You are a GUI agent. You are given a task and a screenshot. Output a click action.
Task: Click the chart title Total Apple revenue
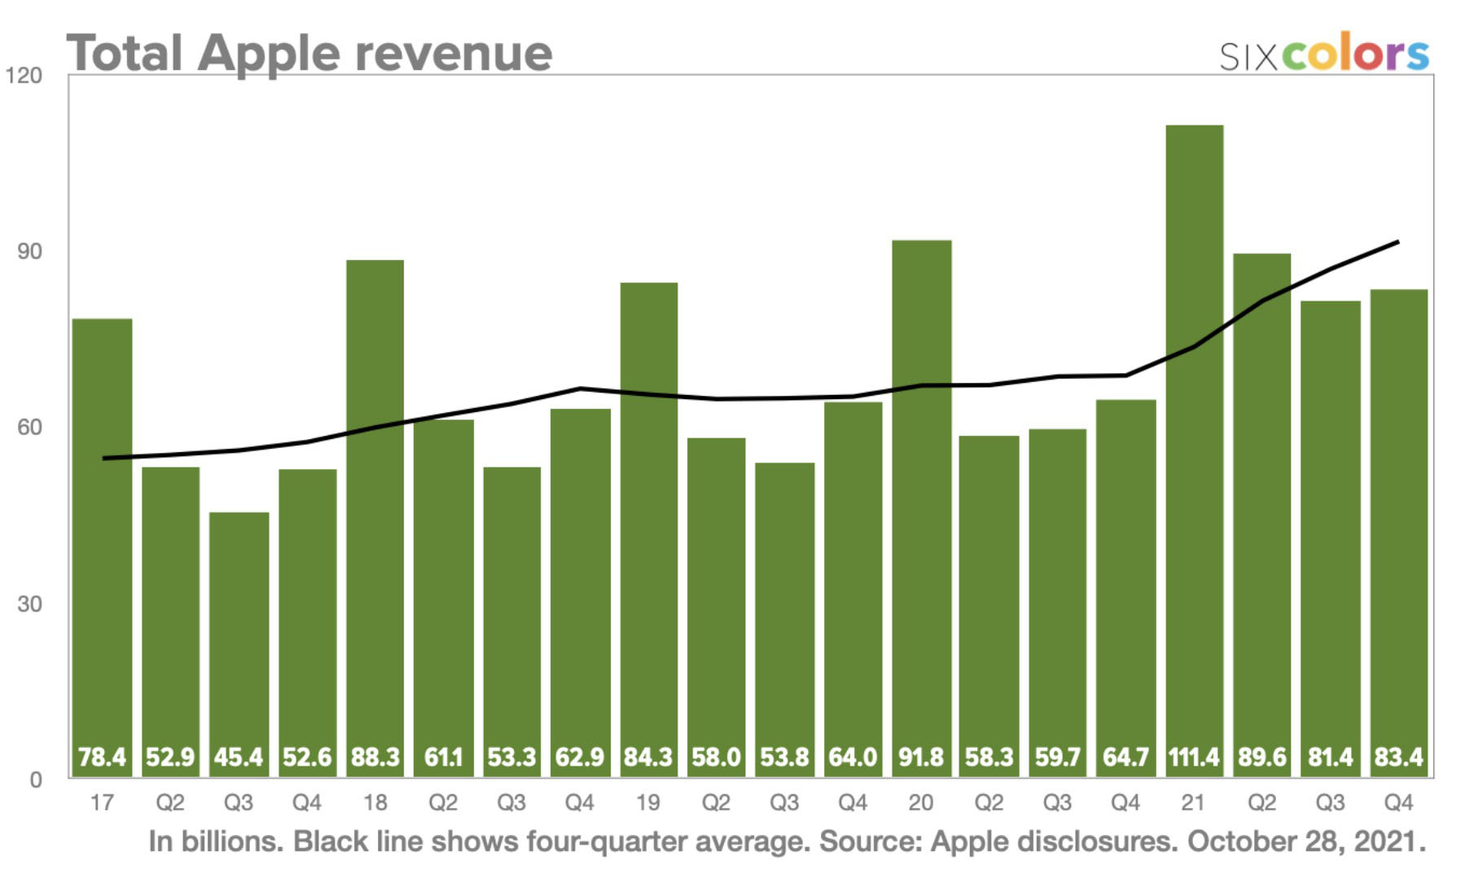(x=309, y=54)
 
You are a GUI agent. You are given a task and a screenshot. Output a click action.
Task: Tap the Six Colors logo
(x=1323, y=54)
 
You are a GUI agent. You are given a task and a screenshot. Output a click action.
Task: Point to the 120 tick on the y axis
(x=24, y=76)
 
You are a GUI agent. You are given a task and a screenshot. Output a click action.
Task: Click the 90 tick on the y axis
(x=29, y=252)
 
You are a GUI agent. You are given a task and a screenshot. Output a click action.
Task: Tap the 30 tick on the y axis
(x=29, y=604)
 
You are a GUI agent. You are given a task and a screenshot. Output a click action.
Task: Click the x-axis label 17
(x=102, y=803)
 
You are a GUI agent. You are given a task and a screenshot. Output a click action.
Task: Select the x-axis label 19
(x=647, y=803)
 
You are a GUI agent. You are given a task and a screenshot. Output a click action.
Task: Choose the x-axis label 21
(x=1193, y=803)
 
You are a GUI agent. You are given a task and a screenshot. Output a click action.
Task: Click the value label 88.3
(x=375, y=758)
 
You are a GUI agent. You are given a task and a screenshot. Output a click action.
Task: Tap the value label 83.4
(x=1398, y=758)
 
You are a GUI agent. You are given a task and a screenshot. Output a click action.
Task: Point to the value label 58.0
(x=716, y=758)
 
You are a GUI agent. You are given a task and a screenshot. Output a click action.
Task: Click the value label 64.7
(x=1125, y=758)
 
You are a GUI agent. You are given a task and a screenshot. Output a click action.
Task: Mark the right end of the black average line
(x=1397, y=242)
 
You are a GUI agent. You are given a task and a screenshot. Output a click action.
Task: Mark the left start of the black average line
(x=103, y=459)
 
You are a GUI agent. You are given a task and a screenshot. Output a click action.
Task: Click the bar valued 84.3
(x=648, y=521)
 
